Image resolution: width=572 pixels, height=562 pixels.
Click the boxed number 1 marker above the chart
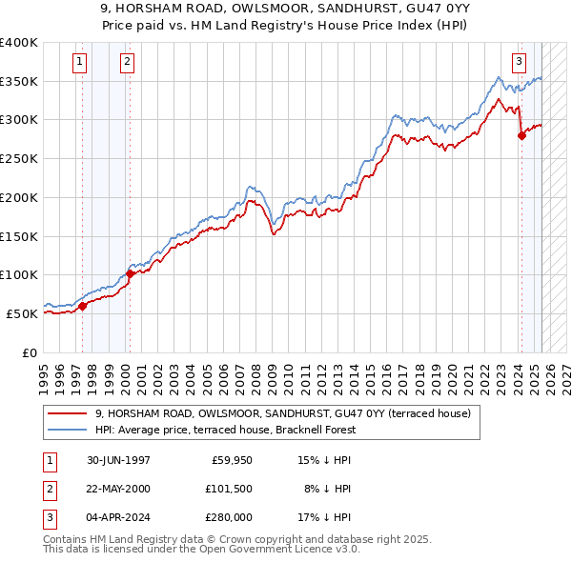(x=79, y=63)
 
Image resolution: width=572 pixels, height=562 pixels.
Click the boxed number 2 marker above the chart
(x=127, y=63)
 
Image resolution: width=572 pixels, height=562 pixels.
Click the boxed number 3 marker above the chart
(x=520, y=63)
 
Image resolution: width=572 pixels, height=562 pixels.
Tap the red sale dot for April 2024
(x=521, y=135)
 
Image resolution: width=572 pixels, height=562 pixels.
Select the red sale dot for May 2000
(x=130, y=273)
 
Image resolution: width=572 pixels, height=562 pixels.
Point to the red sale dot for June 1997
(x=83, y=306)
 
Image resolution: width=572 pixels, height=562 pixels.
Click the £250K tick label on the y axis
(x=19, y=158)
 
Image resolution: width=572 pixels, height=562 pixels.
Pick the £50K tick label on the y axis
(x=23, y=313)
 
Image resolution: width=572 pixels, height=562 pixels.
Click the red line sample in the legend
(x=68, y=413)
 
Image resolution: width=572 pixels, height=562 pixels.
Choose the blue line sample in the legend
(x=68, y=430)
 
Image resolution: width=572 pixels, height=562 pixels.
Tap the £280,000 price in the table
(x=229, y=517)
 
